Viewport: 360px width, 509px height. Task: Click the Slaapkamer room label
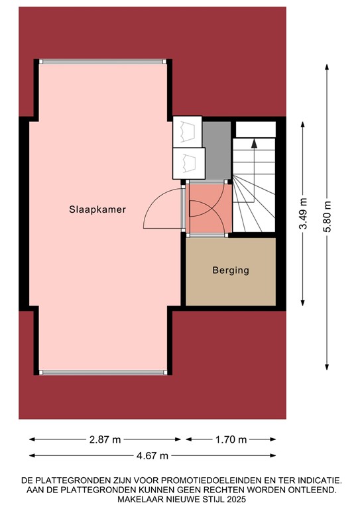[97, 209]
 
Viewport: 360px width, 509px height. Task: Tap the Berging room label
[231, 270]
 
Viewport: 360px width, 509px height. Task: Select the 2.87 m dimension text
[105, 439]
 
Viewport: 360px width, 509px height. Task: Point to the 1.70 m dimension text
[231, 439]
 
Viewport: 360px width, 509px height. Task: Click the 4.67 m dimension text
[152, 455]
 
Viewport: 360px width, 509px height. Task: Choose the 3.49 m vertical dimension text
[303, 214]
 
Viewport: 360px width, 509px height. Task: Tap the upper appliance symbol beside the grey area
[188, 130]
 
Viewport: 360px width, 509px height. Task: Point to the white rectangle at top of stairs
[255, 129]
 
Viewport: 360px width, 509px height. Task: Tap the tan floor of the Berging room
[231, 288]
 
